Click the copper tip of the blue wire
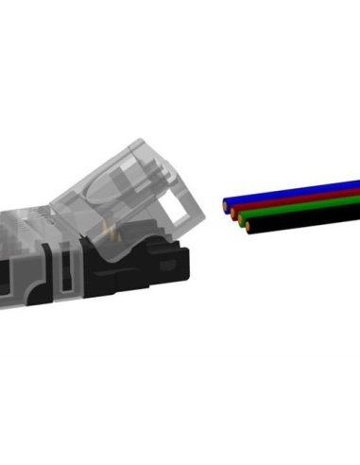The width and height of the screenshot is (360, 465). point(226,202)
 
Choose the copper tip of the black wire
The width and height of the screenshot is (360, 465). point(248,230)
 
